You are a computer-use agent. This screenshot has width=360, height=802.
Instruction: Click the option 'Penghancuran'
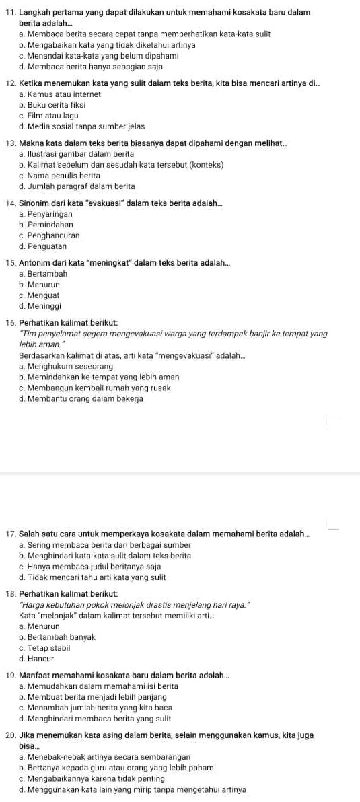pos(54,235)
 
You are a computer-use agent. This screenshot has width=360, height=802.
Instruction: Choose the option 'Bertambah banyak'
pos(61,636)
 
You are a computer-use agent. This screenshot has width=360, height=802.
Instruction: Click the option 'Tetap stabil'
pos(50,647)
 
